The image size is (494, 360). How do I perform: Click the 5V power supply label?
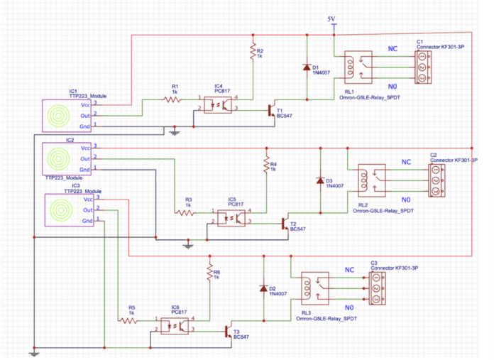[331, 18]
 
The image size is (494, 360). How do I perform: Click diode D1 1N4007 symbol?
[306, 68]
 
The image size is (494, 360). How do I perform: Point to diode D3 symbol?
[320, 180]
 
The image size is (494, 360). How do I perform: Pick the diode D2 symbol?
[263, 288]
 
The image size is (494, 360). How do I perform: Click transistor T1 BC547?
[272, 110]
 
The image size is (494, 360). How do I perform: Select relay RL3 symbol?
[316, 288]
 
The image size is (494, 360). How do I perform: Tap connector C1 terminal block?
[425, 67]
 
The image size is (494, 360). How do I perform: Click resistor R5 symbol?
[129, 320]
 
